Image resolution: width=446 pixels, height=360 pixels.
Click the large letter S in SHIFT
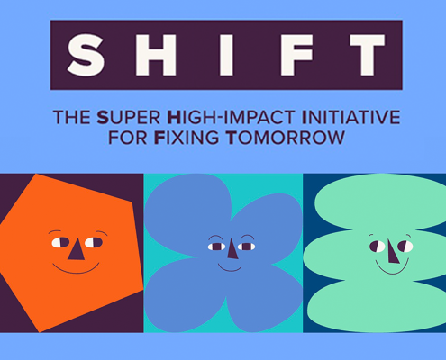coord(86,55)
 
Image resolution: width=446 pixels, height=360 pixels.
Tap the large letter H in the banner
coord(156,55)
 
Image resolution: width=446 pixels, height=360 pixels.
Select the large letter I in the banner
coord(226,55)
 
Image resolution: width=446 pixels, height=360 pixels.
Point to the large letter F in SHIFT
coord(296,55)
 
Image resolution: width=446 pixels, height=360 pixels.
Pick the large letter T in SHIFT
coord(367,55)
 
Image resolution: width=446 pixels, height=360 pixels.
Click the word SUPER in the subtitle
coord(129,117)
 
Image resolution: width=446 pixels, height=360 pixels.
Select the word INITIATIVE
coord(350,117)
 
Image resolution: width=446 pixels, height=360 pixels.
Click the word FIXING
coord(187,138)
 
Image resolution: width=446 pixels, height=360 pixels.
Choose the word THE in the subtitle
coord(72,117)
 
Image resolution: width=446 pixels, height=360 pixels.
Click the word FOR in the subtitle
coord(128,138)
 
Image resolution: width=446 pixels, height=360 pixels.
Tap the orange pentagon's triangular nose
coord(77,248)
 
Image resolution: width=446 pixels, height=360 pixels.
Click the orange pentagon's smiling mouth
coord(76,269)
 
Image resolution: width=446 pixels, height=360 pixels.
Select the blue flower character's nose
coord(232,248)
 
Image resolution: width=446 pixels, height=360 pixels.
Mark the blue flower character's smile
coord(230,268)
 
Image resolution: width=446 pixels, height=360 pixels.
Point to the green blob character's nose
coord(393,251)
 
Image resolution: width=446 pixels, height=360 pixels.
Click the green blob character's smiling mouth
coord(392,270)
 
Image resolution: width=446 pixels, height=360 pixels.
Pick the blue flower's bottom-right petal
coord(264,297)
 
